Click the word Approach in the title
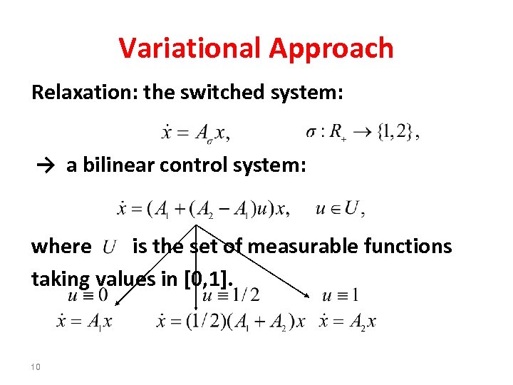(331, 48)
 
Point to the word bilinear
(119, 165)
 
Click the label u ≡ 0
(88, 294)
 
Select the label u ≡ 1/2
(232, 294)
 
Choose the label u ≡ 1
(340, 294)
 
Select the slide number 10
(36, 367)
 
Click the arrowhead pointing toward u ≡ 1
(307, 296)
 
